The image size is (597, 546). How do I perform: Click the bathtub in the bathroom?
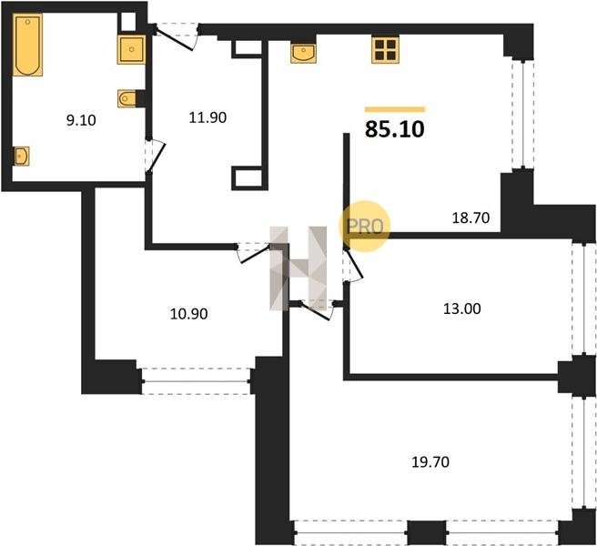coord(28,45)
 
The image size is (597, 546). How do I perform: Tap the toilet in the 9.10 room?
coord(126,99)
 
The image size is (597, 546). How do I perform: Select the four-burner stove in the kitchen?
coord(385,49)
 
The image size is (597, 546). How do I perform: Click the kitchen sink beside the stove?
coord(303,54)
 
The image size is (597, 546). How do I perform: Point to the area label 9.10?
coord(81,120)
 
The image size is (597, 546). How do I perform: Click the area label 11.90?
coord(207,117)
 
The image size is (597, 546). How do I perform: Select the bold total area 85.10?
coord(395,129)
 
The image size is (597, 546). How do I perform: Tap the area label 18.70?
coord(471,217)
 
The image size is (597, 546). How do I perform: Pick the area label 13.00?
coord(462,308)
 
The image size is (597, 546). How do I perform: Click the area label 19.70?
coord(430,462)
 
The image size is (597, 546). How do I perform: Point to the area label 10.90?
coord(189,314)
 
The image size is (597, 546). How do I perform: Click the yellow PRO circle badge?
coord(365,227)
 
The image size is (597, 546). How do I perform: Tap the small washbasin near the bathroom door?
coord(21,157)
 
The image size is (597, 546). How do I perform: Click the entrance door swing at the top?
coord(177,37)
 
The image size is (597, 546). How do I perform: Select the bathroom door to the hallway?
coord(156,157)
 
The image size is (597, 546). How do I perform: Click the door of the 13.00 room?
coord(353,265)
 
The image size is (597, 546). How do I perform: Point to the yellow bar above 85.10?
coord(395,110)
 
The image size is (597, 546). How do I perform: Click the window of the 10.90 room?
coord(196,381)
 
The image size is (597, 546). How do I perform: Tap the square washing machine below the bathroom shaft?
coord(131,49)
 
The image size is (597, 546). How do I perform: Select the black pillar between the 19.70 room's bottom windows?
coord(427,532)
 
